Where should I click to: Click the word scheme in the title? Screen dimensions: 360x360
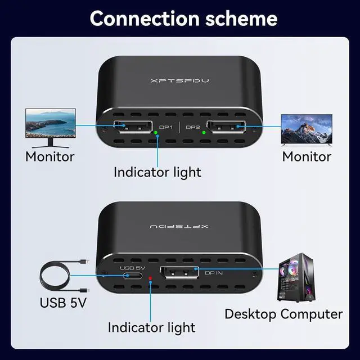click(x=238, y=18)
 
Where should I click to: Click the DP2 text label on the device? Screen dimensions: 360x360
click(x=192, y=127)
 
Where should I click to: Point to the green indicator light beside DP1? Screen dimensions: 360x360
click(x=156, y=133)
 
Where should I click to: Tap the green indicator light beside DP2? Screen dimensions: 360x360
click(x=204, y=133)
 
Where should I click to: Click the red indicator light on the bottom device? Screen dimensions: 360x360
click(x=150, y=278)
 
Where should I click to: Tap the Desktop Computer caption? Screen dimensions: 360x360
click(x=283, y=314)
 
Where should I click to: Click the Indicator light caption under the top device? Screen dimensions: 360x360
click(x=157, y=172)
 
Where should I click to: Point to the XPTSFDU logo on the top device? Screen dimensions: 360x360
click(x=180, y=81)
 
